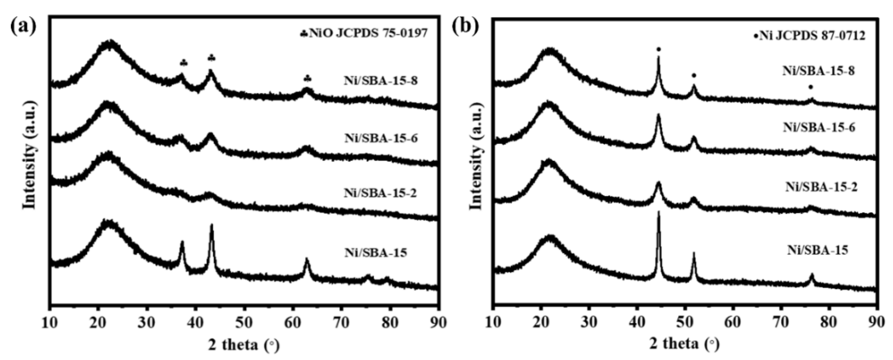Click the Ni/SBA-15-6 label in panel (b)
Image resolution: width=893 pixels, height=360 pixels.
pos(819,127)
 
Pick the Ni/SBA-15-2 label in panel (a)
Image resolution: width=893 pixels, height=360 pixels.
pos(380,193)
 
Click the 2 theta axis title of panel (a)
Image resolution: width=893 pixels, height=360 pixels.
pos(243,344)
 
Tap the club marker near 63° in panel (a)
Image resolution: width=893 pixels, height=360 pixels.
pos(307,79)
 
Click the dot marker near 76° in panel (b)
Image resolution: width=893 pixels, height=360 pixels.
pos(811,87)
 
